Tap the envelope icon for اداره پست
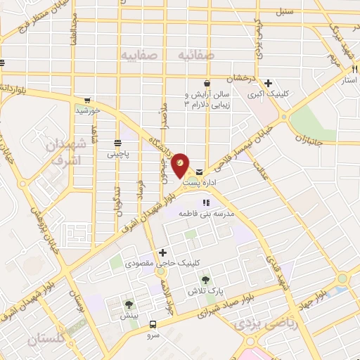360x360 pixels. [x=200, y=172]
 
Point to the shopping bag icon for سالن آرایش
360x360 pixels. [x=207, y=82]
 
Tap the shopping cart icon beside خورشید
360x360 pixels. [x=86, y=100]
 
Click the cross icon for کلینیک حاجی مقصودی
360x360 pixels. [x=163, y=252]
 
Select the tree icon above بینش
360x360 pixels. [x=129, y=305]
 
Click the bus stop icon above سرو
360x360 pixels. [x=153, y=324]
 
